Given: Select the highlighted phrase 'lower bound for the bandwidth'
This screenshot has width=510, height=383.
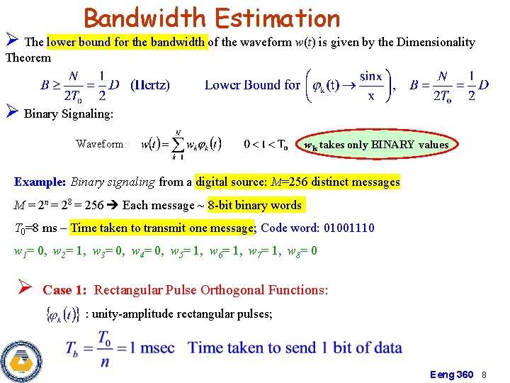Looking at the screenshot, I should pos(127,42).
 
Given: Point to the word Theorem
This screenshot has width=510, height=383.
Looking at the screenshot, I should pos(28,57).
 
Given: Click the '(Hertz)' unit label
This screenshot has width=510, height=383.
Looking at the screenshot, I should pos(150,85).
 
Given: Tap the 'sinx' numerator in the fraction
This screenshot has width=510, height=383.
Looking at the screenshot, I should pos(370,76).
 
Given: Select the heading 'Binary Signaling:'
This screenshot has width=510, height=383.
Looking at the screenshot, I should pos(68,113).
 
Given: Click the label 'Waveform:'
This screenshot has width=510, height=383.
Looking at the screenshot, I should pos(102,144).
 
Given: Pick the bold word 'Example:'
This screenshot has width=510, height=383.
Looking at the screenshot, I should pos(40,182).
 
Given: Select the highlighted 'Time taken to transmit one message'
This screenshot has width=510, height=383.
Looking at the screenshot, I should pos(164,228).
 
